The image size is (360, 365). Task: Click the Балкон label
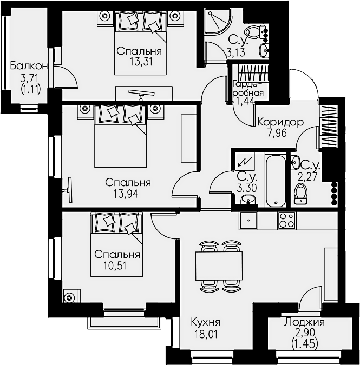29,66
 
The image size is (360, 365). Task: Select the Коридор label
280,122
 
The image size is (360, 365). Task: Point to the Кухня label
206,323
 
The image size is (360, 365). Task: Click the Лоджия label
304,323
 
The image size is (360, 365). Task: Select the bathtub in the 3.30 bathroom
276,181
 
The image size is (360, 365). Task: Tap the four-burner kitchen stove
286,220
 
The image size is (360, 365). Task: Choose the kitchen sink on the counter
248,220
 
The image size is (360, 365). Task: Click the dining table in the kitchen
219,266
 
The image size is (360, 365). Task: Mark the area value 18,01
206,335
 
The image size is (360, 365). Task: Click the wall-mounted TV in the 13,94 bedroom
69,190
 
